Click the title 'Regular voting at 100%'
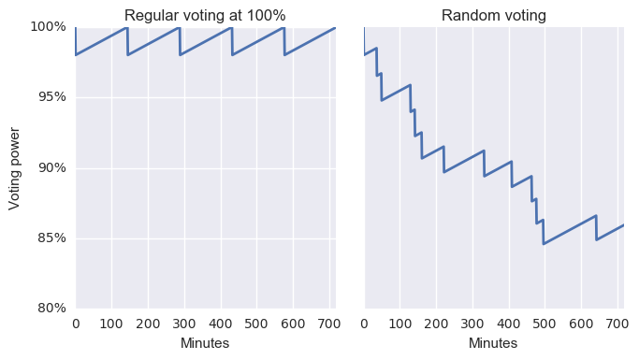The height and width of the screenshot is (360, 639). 205,15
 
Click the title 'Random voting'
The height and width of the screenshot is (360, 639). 493,15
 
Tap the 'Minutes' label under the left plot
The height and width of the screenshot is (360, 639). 205,344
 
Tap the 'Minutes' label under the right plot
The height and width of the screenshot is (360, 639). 493,344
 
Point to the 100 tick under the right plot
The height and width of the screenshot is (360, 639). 400,324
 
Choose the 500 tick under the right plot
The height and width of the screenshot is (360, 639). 545,324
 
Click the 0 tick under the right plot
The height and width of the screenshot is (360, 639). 364,324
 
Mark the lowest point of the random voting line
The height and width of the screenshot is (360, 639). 544,244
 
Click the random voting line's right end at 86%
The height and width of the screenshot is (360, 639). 623,224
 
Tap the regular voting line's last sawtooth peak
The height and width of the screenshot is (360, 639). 283,27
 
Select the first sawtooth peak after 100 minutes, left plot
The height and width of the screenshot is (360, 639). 127,27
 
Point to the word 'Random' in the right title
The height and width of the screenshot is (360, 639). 468,15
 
